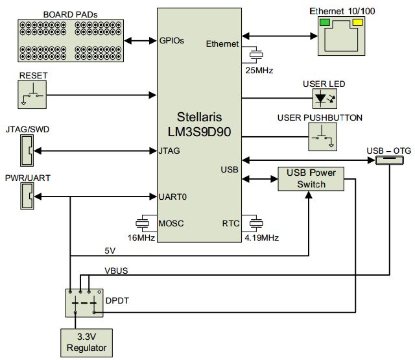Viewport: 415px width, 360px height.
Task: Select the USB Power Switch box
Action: pos(311,178)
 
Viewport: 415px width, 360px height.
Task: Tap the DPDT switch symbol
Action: pos(84,302)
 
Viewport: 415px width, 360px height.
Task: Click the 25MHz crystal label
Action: pos(257,69)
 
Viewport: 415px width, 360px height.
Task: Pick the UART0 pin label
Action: pos(174,196)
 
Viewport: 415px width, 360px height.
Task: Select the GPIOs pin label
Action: pos(172,40)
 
